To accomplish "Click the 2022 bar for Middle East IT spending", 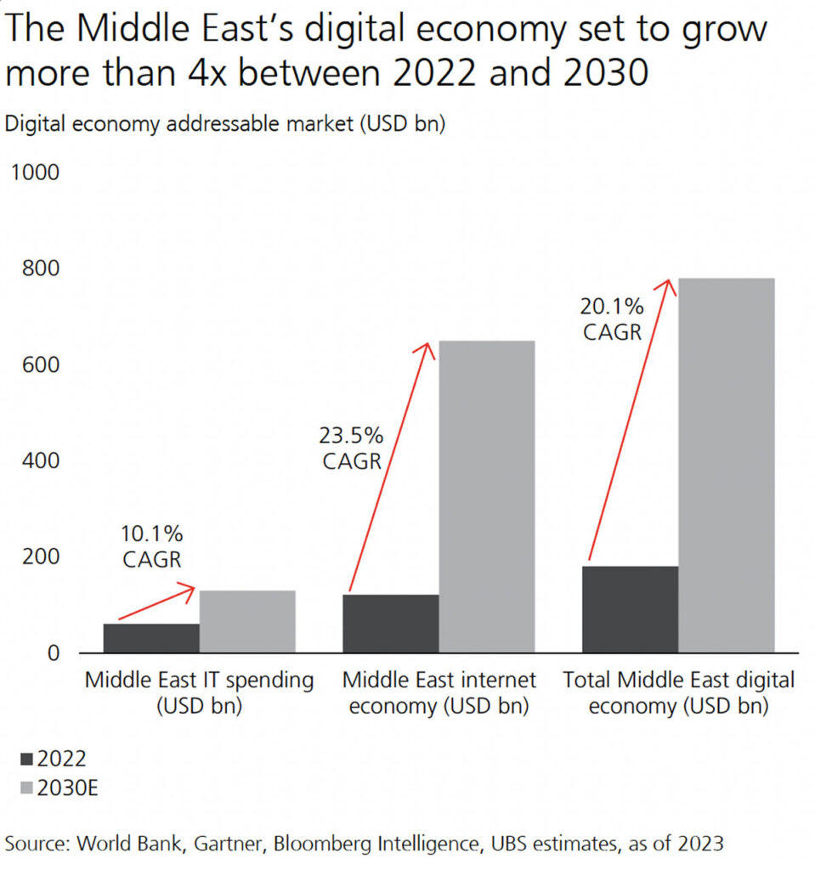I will (151, 638).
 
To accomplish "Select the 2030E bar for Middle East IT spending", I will (247, 621).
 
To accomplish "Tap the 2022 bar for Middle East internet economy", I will (391, 624).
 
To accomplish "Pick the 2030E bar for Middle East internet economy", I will (487, 497).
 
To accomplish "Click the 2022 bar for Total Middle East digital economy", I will (630, 609).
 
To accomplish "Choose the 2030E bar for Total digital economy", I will (727, 466).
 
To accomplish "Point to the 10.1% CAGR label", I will (150, 546).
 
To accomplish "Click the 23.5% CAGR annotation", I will (351, 449).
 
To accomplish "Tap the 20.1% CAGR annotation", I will (612, 318).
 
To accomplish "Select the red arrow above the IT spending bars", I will (158, 602).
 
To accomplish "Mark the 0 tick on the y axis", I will (53, 652).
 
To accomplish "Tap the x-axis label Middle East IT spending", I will (200, 692).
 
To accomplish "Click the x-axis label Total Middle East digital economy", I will (679, 692).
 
